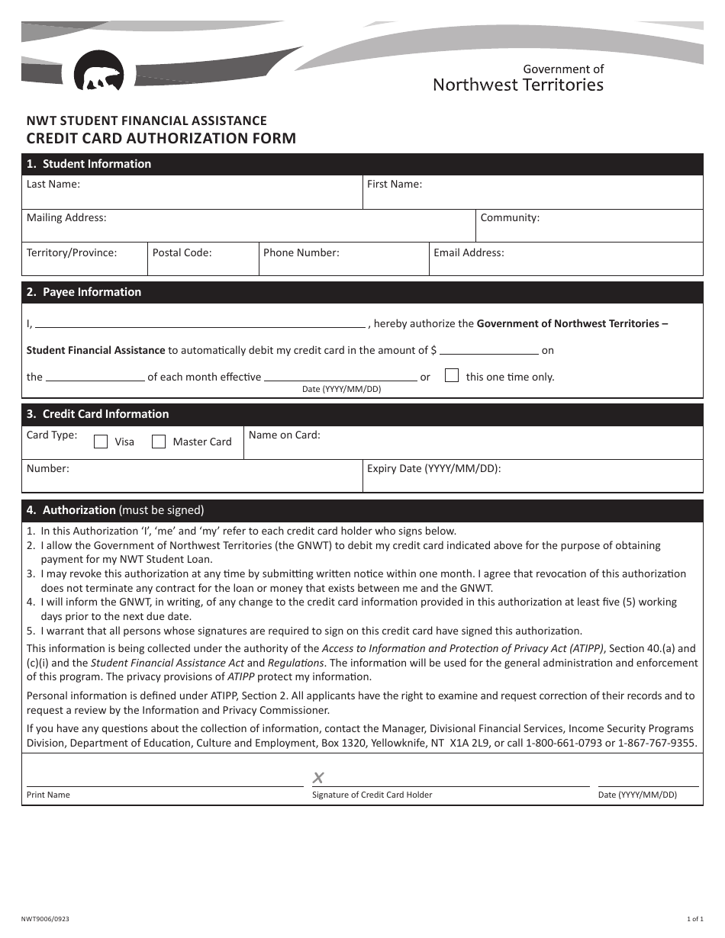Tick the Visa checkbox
[101, 442]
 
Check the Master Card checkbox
[159, 442]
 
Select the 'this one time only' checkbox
[452, 375]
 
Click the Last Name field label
[53, 184]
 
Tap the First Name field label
[395, 184]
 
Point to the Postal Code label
[182, 252]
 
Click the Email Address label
[469, 252]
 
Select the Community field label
[510, 217]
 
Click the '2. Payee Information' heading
[84, 292]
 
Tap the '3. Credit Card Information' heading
[98, 414]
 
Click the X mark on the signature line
[318, 778]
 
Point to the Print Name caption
[48, 795]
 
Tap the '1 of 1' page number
[693, 920]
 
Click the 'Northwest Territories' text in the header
[518, 85]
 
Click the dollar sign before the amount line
[433, 351]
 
